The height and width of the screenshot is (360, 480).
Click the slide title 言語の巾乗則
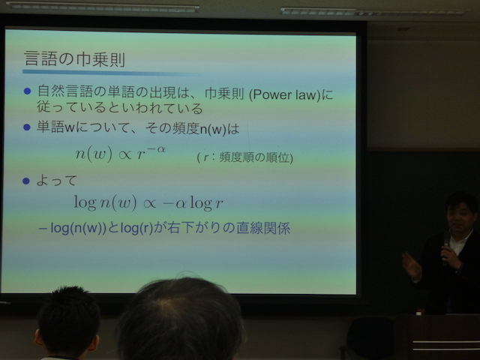coord(75,58)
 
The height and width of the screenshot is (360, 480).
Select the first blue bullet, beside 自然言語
coord(27,91)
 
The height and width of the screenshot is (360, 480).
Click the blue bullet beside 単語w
coord(27,127)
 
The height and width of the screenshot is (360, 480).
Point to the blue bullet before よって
coord(26,181)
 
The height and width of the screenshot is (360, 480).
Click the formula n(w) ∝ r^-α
coord(121,153)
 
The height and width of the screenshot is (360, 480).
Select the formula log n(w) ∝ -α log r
coord(148,202)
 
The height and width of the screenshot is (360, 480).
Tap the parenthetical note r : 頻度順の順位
coord(245,157)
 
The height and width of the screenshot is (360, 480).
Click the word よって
coord(57,181)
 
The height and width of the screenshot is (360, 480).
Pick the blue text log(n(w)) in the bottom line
coord(78,228)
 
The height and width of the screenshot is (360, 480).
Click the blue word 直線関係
coord(263,228)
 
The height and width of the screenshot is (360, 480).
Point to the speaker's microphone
coord(446,245)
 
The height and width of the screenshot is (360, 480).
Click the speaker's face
coord(458,218)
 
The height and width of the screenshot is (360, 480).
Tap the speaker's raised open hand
coord(411,265)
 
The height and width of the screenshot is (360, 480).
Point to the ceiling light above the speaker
coord(373,12)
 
